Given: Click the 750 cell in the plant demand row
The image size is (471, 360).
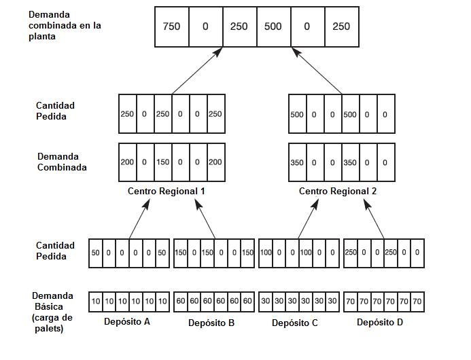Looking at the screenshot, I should (171, 26).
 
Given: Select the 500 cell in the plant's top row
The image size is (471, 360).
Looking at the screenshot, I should (273, 26).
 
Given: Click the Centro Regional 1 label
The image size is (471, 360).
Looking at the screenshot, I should (167, 191).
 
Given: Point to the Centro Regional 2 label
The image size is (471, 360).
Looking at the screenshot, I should (338, 191).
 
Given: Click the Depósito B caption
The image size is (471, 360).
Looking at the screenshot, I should (211, 323).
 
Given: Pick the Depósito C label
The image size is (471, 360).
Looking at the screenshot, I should (295, 323).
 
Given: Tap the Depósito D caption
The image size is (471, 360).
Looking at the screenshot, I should (380, 322).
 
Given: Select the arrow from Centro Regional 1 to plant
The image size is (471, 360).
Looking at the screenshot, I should (197, 70).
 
